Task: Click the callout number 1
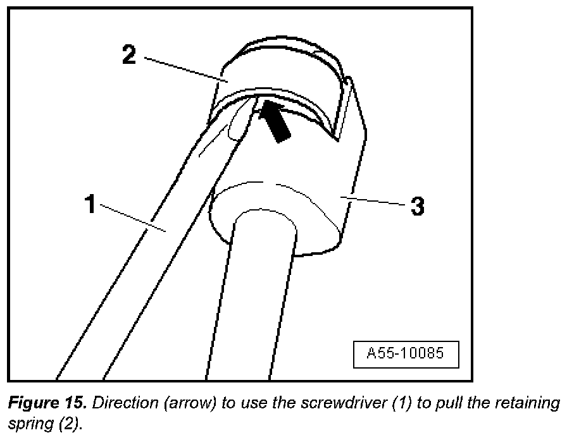91,205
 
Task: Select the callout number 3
417,206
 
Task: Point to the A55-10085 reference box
406,354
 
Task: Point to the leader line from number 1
133,218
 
